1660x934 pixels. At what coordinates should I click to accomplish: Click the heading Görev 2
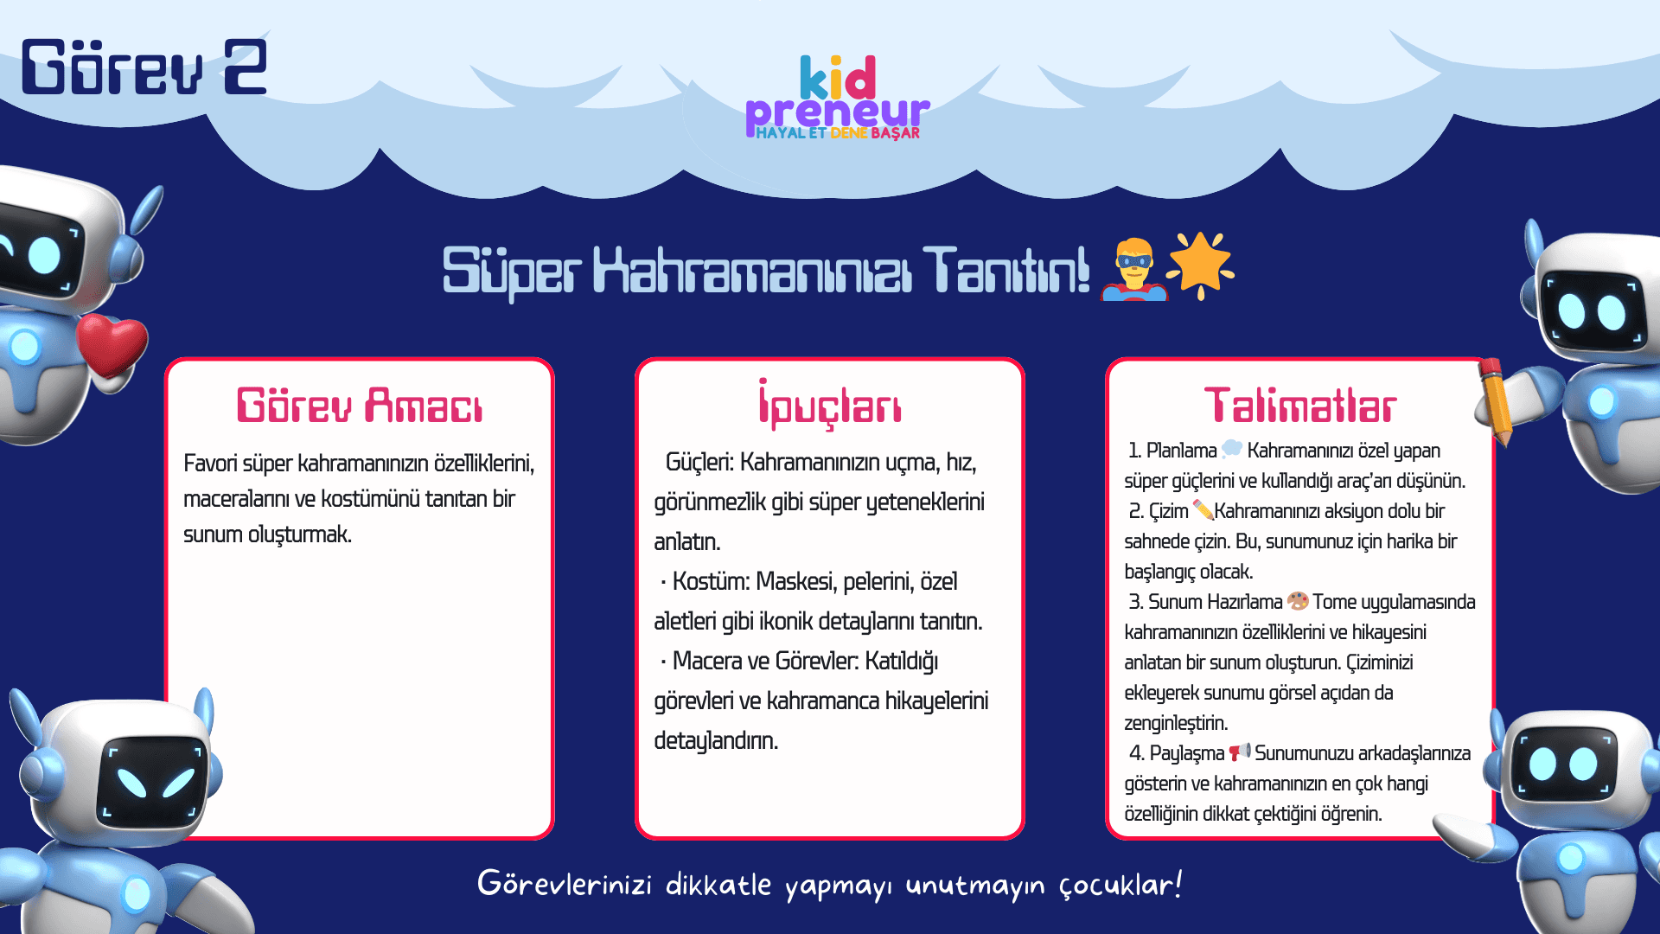(144, 67)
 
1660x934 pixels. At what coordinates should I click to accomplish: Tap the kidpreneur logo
(837, 97)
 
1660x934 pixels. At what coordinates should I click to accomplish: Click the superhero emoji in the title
(1133, 269)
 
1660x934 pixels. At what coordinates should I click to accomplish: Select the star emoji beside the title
(1201, 265)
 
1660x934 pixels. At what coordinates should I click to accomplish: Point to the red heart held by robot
(112, 344)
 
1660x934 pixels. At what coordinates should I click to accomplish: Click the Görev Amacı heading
(360, 405)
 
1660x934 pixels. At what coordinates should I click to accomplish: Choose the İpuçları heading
(830, 404)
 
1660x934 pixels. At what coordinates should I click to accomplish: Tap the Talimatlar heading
(1300, 405)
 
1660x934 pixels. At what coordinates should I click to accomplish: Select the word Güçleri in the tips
(699, 463)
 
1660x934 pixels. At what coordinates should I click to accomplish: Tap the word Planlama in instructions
(1181, 451)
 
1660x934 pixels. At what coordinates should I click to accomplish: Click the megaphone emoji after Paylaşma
(1240, 752)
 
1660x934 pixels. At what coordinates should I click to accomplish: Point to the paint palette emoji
(1298, 600)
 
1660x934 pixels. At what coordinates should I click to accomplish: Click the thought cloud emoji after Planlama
(1232, 449)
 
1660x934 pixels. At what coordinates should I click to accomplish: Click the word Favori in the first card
(210, 464)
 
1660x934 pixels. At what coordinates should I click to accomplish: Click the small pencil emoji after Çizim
(1203, 509)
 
